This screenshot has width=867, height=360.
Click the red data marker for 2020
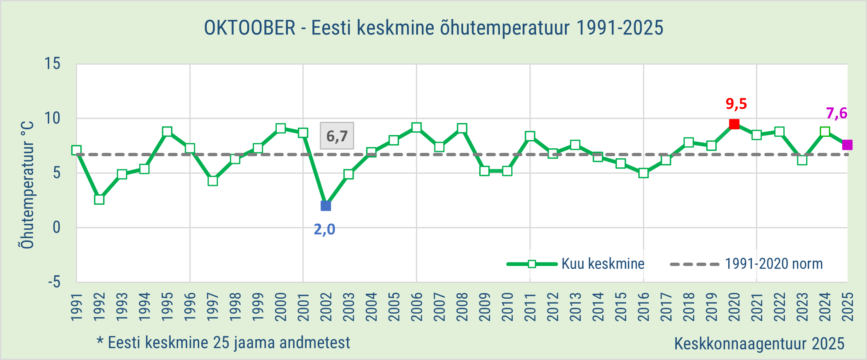[734, 124]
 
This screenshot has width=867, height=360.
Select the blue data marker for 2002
[326, 206]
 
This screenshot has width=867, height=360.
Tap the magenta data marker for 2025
[847, 145]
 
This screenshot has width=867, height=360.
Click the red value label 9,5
[736, 104]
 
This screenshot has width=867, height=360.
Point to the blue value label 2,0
[324, 229]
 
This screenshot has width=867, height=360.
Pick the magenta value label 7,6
[836, 113]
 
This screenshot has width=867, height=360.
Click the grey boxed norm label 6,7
[337, 136]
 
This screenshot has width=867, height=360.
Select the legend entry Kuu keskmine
[603, 264]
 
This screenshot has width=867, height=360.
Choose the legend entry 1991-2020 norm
[773, 264]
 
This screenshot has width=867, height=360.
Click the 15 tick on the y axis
[53, 64]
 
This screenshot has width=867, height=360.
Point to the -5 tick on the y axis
[54, 282]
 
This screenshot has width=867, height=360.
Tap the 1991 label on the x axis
[77, 307]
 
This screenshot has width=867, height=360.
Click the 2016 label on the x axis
[643, 307]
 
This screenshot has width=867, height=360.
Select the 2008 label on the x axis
[462, 307]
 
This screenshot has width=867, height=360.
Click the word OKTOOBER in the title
[250, 28]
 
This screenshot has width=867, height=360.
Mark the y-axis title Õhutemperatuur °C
[27, 185]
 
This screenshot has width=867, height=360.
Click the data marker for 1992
[99, 199]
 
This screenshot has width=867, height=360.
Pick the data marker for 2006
[416, 127]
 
